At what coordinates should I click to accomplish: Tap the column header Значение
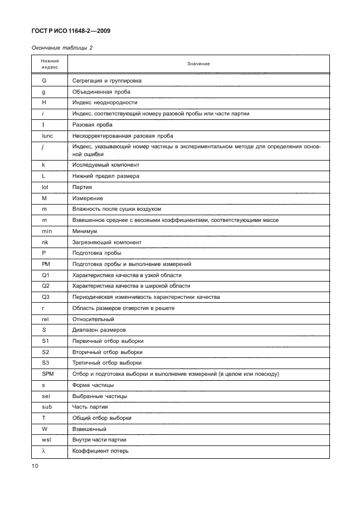[x=198, y=64]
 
